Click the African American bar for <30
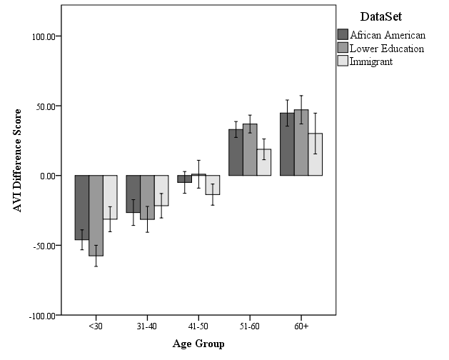(x=81, y=207)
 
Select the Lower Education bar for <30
(x=96, y=215)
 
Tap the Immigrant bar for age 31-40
(x=161, y=191)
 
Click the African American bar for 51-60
(x=236, y=152)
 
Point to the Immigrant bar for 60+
(x=316, y=154)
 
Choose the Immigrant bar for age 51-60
(x=264, y=162)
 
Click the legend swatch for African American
(x=343, y=35)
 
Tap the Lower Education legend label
(x=387, y=49)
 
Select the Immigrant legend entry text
(x=371, y=61)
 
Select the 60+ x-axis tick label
(x=301, y=326)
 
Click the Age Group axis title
(x=198, y=344)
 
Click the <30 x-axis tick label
(x=96, y=326)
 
